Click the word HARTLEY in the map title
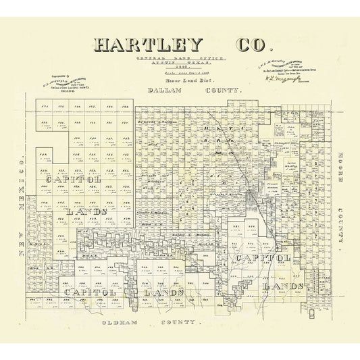tap(148, 46)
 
